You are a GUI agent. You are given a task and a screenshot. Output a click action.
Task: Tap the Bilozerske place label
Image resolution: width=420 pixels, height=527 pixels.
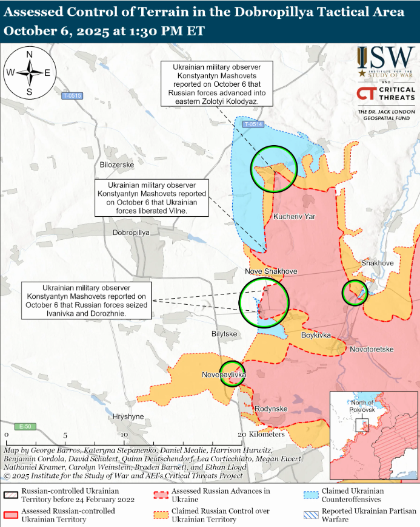[116, 165]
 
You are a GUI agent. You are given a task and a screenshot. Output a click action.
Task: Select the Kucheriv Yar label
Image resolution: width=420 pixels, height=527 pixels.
[295, 217]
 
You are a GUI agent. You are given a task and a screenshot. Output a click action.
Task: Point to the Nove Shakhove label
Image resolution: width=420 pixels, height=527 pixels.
[268, 271]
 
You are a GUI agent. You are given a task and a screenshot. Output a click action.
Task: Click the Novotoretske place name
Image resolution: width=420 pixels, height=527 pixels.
[372, 350]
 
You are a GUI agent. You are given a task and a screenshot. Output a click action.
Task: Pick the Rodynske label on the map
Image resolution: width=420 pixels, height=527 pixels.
[270, 409]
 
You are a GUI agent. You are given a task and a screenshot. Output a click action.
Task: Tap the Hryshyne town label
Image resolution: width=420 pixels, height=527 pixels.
[128, 416]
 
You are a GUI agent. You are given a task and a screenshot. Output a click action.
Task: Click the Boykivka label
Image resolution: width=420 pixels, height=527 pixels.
[316, 335]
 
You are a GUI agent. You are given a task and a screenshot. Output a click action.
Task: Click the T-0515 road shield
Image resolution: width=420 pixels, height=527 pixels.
[72, 96]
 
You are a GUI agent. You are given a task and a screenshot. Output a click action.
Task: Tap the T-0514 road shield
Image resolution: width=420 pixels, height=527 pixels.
[253, 124]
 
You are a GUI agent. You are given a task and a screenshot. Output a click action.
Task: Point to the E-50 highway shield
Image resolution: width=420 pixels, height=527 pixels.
[25, 426]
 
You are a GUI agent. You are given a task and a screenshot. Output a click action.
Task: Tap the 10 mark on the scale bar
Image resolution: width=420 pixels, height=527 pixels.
[124, 435]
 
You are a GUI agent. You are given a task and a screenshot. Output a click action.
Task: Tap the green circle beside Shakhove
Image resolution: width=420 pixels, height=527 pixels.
[355, 293]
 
